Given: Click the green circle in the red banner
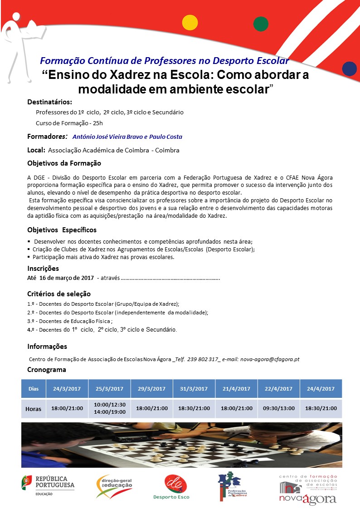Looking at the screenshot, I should [261, 23].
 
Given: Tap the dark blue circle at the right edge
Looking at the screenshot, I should [349, 69].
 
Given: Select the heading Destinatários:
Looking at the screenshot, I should [49, 101].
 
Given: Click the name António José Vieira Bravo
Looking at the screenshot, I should [107, 137].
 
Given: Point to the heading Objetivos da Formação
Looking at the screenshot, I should [64, 163].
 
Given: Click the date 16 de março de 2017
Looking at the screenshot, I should [66, 277].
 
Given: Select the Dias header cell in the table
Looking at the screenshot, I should [34, 389].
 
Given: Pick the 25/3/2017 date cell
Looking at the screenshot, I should [109, 389].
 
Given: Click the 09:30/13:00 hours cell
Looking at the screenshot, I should [278, 408].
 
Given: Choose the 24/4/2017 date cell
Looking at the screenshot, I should [321, 389].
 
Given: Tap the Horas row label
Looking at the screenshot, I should [34, 409].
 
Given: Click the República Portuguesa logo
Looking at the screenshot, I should [48, 486].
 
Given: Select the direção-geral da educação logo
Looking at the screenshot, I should [114, 486].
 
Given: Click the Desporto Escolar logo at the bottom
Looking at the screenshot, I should [172, 487].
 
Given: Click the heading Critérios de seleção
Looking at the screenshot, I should [59, 294].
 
